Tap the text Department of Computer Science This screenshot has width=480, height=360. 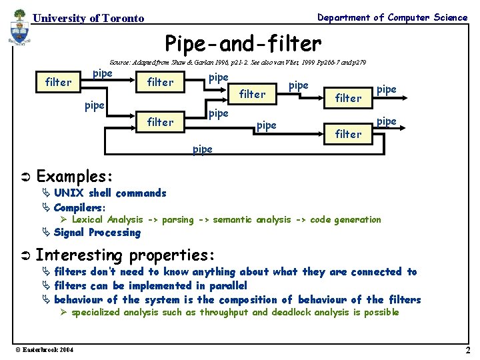pos(392,17)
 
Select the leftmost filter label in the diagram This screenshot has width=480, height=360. pos(58,82)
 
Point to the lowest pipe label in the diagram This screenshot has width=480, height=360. pos(202,149)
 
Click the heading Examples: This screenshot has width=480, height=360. pos(74,176)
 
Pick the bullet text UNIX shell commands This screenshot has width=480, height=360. pos(110,193)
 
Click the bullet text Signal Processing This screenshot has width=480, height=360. pos(97,233)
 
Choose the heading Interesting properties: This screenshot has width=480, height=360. pos(125,255)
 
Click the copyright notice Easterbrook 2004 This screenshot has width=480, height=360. pos(46,350)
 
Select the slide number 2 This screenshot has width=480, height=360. pos(467,350)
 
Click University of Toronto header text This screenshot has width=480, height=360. pos(88,19)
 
